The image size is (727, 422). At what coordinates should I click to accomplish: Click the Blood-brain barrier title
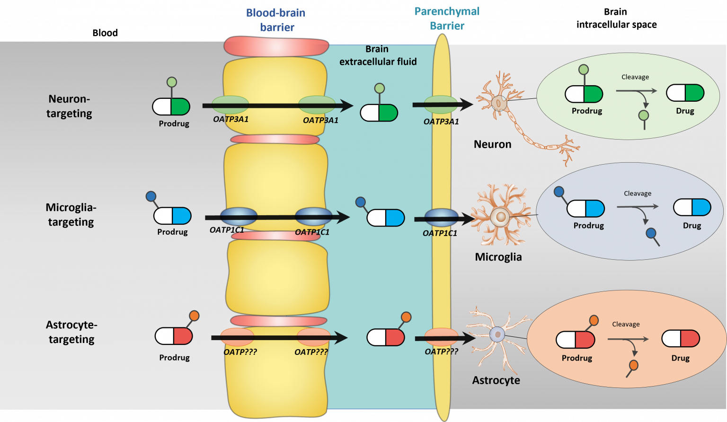(275, 20)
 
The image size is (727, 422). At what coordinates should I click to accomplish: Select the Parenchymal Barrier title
(447, 18)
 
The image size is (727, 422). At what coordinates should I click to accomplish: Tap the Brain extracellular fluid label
(378, 55)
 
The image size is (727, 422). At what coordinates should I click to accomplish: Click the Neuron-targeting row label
(69, 106)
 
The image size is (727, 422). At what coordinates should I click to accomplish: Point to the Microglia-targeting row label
(71, 214)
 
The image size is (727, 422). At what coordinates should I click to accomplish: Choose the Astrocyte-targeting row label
(71, 332)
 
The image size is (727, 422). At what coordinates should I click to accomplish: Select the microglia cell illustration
(500, 217)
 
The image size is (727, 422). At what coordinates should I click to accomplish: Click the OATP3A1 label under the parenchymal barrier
(441, 122)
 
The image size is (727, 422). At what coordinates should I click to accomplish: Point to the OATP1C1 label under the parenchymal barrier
(440, 233)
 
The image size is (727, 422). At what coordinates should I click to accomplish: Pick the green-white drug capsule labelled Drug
(685, 93)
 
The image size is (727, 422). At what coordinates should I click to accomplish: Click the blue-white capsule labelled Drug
(692, 208)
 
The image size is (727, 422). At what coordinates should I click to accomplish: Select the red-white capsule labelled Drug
(681, 339)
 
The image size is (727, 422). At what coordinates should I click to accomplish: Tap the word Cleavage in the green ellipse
(635, 77)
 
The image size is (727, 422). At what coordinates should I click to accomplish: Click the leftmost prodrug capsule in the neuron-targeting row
(171, 107)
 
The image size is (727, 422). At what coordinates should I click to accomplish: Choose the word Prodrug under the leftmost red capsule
(174, 358)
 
